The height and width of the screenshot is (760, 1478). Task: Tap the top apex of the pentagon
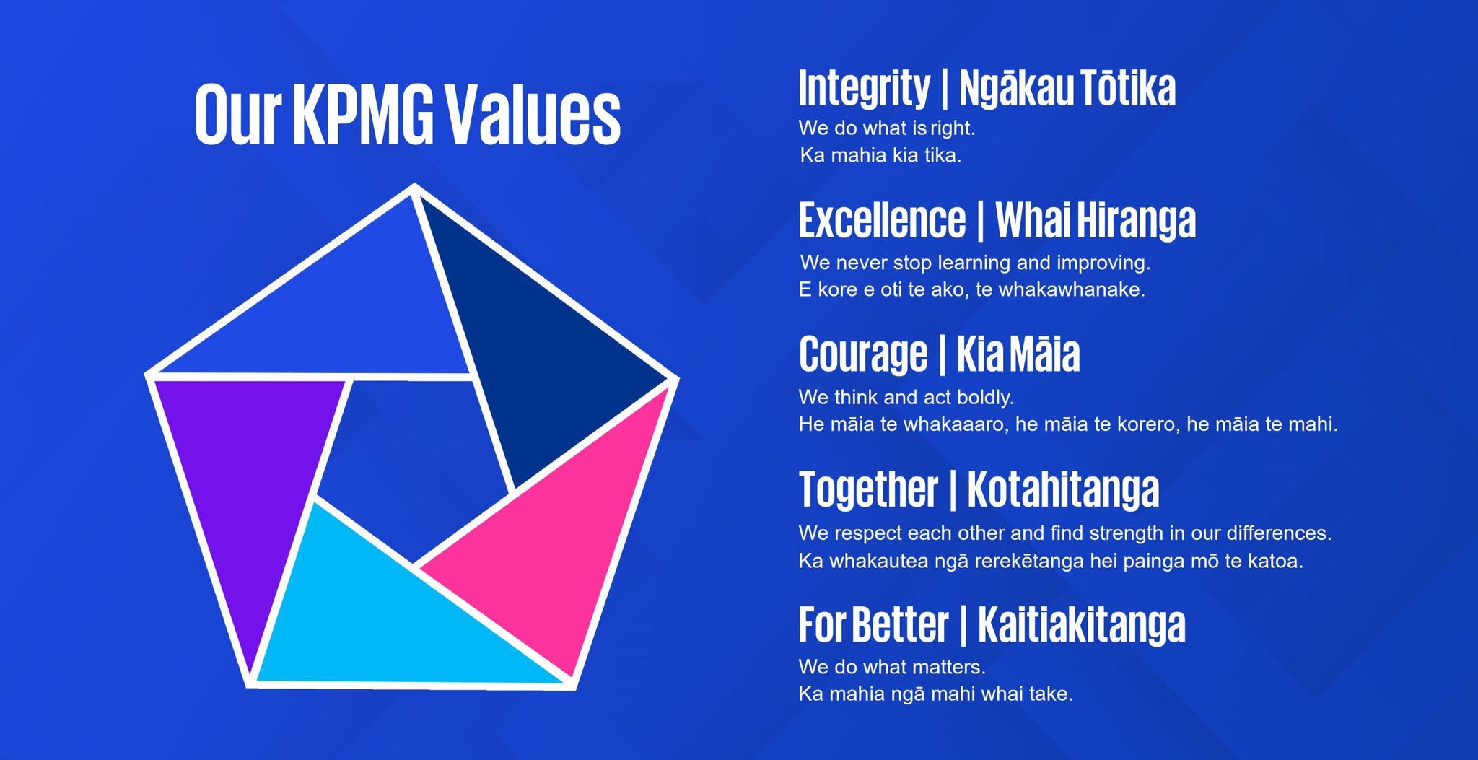tap(414, 185)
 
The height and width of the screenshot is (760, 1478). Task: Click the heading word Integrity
tap(864, 89)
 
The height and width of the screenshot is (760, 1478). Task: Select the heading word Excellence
tap(882, 220)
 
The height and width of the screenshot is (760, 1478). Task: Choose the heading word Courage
tap(863, 355)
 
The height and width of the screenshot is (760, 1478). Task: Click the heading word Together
tap(868, 489)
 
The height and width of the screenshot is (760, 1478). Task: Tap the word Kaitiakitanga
tap(1082, 624)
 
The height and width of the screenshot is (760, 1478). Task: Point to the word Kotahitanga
tap(1063, 489)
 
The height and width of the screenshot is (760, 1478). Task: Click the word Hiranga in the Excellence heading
tap(1136, 221)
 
